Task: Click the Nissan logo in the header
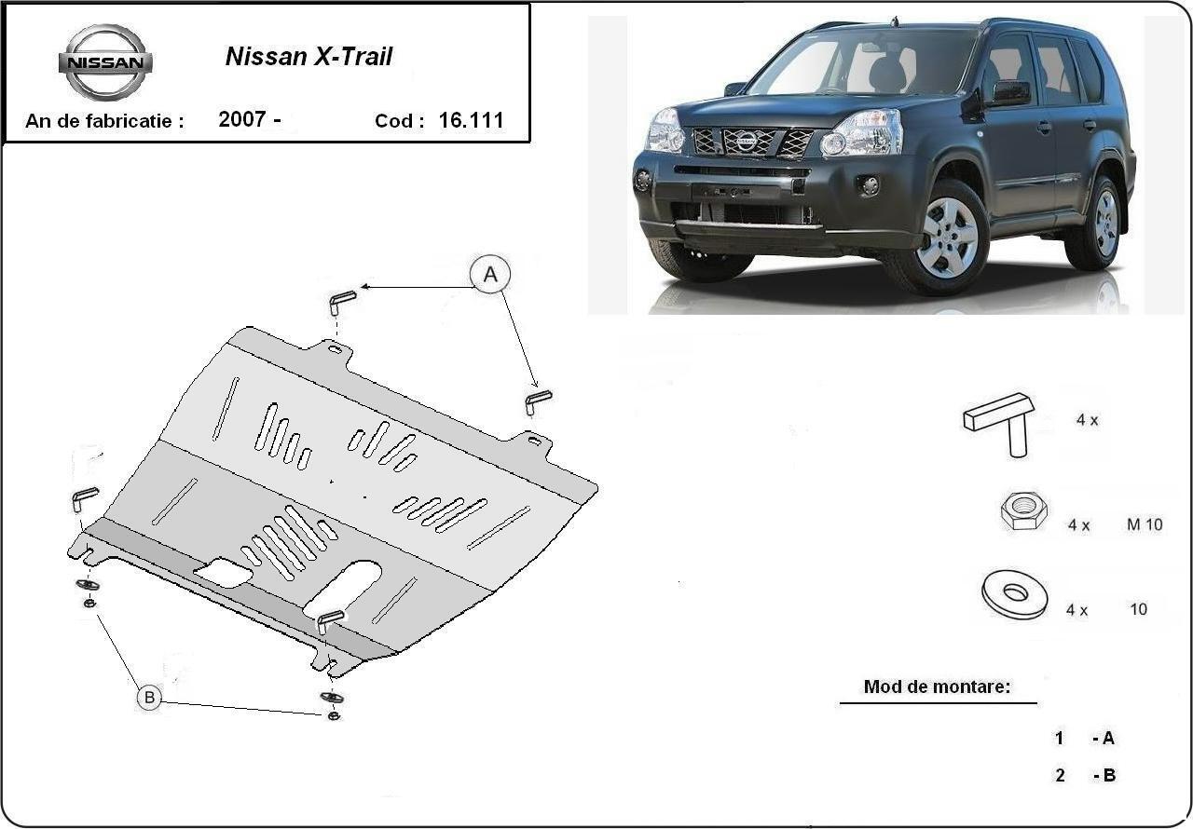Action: pyautogui.click(x=105, y=62)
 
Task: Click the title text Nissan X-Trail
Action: pyautogui.click(x=309, y=57)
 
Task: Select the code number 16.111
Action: pyautogui.click(x=471, y=120)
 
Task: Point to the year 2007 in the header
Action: pyautogui.click(x=242, y=119)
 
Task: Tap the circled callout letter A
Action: pyautogui.click(x=490, y=275)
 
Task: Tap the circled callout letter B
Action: pyautogui.click(x=148, y=697)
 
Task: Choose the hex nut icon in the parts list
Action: pyautogui.click(x=1023, y=510)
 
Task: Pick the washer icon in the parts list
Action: pyautogui.click(x=1014, y=593)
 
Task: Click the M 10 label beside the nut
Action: pyautogui.click(x=1145, y=524)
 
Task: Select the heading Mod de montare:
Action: pyautogui.click(x=937, y=687)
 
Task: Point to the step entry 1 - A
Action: pyautogui.click(x=1085, y=739)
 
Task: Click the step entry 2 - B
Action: pyautogui.click(x=1085, y=775)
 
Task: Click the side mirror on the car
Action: pyautogui.click(x=1010, y=93)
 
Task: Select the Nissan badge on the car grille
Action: pyautogui.click(x=746, y=142)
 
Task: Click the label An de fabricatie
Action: pyautogui.click(x=104, y=121)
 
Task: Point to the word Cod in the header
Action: pyautogui.click(x=399, y=121)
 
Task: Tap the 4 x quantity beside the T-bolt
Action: pyautogui.click(x=1087, y=420)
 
